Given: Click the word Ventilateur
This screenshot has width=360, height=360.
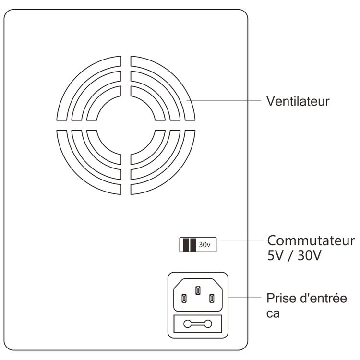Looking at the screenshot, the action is click(x=298, y=101).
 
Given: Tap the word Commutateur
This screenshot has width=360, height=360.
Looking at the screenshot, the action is click(x=311, y=240).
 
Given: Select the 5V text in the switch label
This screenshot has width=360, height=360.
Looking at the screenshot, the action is click(x=276, y=255).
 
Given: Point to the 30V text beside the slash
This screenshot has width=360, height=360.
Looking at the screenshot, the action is click(x=309, y=255).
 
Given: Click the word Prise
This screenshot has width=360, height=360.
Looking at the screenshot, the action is click(x=281, y=298).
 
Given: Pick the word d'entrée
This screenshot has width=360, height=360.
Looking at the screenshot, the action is click(x=322, y=298).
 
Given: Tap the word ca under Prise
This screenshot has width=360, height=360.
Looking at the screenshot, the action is click(x=273, y=313).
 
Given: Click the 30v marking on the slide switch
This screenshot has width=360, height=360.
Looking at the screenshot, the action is click(x=204, y=245).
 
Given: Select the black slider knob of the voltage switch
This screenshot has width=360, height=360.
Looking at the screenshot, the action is click(x=190, y=245).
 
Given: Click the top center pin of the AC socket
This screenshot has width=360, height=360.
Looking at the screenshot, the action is click(x=198, y=290).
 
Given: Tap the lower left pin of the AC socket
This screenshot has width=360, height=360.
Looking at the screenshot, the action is click(x=184, y=299).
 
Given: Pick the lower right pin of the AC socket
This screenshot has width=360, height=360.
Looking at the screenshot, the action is click(x=212, y=299).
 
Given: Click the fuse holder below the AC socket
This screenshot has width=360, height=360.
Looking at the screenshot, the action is click(x=198, y=324).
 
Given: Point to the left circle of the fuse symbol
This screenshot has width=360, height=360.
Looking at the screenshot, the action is click(x=187, y=324).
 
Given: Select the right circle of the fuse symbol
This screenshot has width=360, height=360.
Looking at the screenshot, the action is click(x=208, y=324).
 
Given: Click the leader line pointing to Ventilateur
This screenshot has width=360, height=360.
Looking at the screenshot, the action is click(x=224, y=101).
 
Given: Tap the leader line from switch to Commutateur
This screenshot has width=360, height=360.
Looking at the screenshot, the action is click(x=242, y=240).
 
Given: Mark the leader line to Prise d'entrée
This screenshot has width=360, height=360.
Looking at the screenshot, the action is click(x=245, y=298).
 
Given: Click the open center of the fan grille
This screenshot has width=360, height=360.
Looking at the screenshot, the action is click(x=126, y=125).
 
